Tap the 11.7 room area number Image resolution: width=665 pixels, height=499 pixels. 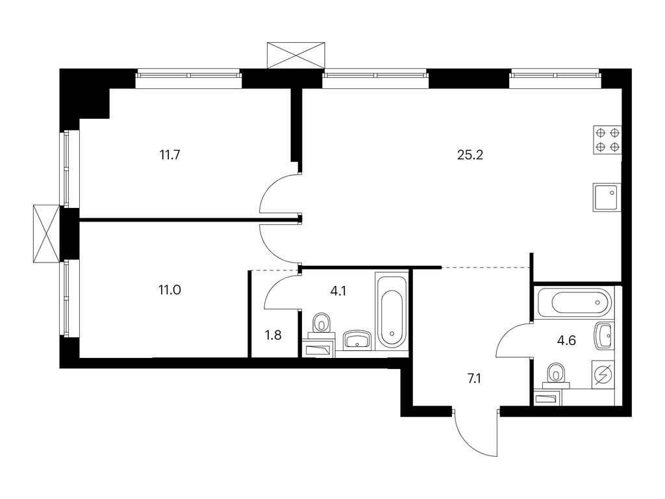coord(169,155)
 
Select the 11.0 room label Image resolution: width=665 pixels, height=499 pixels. coord(169,290)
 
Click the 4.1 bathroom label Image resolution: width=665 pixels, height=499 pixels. coord(338,291)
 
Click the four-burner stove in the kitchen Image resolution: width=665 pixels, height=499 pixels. coord(607,140)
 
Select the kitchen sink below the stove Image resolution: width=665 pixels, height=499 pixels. coord(607,196)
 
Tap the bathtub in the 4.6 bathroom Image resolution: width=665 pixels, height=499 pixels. coord(574,302)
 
